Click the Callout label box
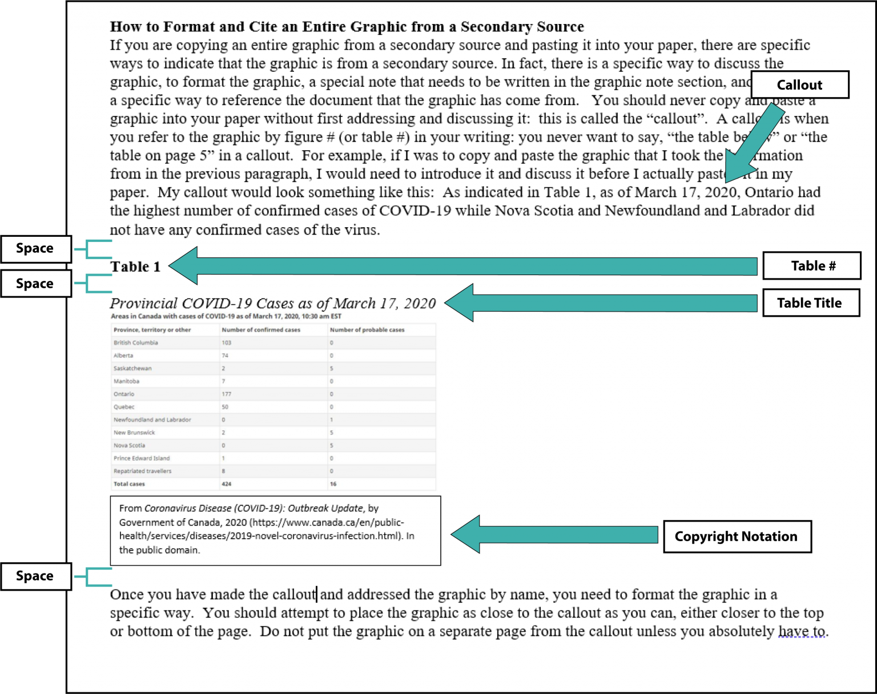[799, 85]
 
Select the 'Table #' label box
[812, 266]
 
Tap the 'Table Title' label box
[811, 303]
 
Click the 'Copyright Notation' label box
[737, 536]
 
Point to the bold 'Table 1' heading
[135, 267]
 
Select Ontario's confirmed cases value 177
[227, 394]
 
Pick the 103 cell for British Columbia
[227, 343]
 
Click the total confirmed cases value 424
[227, 484]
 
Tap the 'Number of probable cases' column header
[367, 330]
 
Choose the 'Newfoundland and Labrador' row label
[152, 420]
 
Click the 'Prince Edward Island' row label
[142, 458]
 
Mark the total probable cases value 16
[333, 484]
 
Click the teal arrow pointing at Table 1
[462, 266]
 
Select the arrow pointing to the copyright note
[554, 535]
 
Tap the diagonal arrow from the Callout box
[754, 143]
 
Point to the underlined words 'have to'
[802, 631]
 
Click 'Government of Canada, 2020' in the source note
[183, 522]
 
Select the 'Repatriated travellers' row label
[142, 471]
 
